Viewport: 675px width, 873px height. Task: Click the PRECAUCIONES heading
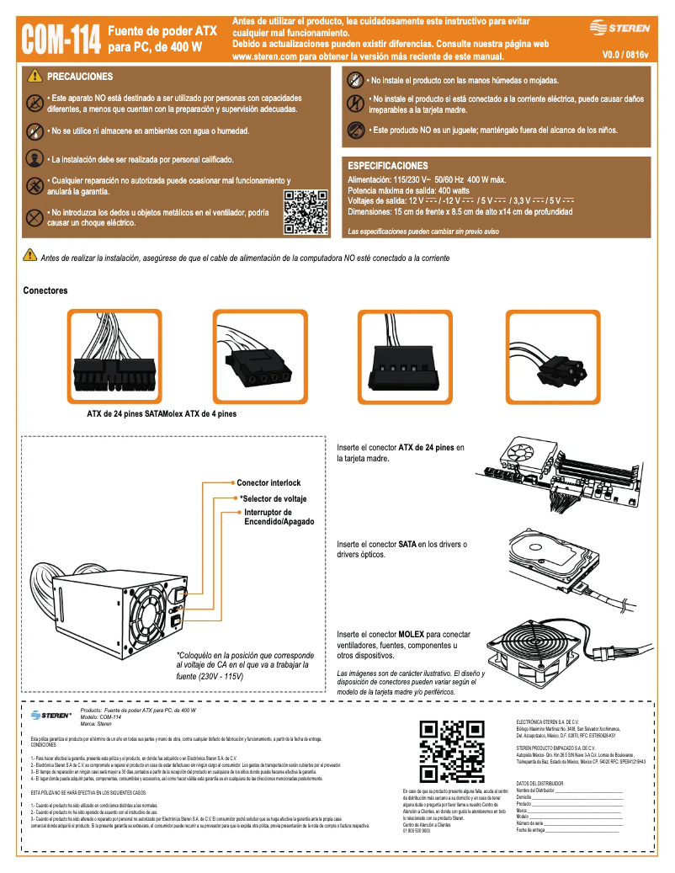[80, 77]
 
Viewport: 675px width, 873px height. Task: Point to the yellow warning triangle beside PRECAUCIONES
[35, 77]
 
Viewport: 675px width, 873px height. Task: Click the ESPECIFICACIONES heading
[388, 166]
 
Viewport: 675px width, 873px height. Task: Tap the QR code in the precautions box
[306, 212]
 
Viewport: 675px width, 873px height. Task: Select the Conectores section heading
[45, 290]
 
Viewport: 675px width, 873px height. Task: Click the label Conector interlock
[268, 483]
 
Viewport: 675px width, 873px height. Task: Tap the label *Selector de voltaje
[273, 499]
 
